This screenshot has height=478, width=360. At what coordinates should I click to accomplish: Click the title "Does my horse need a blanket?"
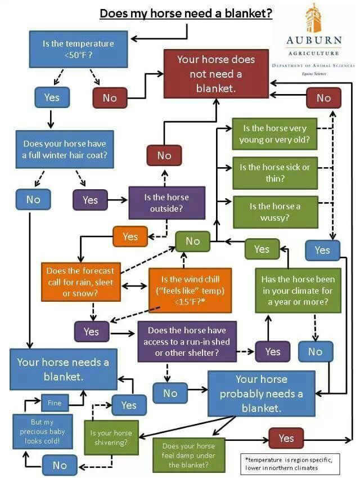(x=186, y=14)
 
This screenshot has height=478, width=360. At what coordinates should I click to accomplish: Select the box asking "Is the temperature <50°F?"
(x=78, y=49)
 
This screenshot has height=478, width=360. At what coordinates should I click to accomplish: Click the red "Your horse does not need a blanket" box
(x=216, y=74)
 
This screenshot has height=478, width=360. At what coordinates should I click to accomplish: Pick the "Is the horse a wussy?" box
(x=275, y=212)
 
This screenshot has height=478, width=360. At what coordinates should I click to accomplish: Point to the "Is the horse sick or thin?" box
(x=274, y=173)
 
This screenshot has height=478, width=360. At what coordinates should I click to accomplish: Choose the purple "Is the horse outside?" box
(x=166, y=203)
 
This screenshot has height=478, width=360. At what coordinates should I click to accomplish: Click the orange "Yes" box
(x=130, y=236)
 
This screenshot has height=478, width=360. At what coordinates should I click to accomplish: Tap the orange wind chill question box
(x=190, y=290)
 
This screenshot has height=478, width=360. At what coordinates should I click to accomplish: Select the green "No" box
(x=193, y=241)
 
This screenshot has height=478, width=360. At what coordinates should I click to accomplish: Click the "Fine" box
(x=55, y=403)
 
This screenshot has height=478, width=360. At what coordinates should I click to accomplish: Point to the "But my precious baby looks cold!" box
(x=43, y=431)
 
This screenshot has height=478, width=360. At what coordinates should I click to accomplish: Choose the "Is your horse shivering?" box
(x=111, y=437)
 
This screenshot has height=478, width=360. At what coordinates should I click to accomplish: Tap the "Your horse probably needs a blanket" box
(x=262, y=394)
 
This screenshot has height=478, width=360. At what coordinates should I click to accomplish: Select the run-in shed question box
(x=187, y=341)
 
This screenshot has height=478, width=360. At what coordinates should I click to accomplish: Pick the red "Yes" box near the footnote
(x=286, y=439)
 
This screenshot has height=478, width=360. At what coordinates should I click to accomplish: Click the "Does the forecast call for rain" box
(x=80, y=282)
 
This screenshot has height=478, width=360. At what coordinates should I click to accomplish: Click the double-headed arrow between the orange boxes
(x=134, y=286)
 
